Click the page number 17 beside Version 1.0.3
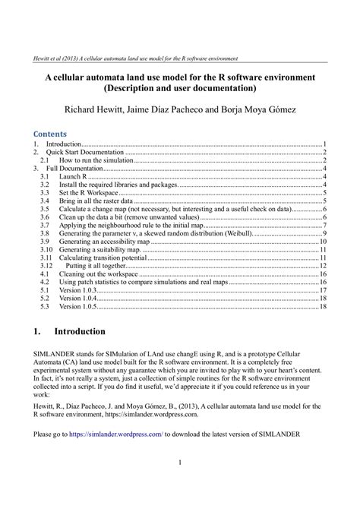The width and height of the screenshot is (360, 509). point(323,290)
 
